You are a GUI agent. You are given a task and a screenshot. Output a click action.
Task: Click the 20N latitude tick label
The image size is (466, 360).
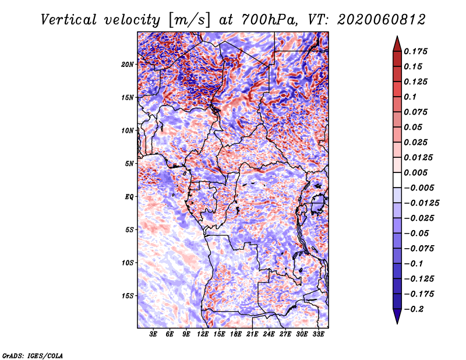[x=127, y=65]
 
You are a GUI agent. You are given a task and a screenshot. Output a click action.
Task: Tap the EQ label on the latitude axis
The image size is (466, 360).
[x=129, y=197]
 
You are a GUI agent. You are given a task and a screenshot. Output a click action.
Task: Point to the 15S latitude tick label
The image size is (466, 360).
[x=127, y=296]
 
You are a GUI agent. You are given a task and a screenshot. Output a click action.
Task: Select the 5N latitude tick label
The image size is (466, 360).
[x=129, y=164]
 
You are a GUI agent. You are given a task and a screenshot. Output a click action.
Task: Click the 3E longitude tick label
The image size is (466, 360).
[x=153, y=334]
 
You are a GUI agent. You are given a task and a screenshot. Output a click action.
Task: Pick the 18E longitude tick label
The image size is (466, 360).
[x=236, y=334]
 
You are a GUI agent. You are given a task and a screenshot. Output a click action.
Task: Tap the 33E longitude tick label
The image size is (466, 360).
[x=318, y=334]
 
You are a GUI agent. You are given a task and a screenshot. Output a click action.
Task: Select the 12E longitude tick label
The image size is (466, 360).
[x=203, y=334]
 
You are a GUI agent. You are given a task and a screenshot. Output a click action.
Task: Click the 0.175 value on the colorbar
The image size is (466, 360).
[x=415, y=51]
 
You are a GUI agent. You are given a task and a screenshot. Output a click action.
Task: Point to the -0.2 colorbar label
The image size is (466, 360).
[x=414, y=309]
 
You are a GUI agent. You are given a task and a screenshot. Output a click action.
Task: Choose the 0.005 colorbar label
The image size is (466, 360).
[x=415, y=172]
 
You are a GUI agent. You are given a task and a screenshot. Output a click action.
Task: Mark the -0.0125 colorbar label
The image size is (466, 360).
[x=421, y=203]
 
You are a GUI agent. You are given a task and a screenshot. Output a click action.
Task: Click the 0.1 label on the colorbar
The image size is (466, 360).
[x=410, y=97]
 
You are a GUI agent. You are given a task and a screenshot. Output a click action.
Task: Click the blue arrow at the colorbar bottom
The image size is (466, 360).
[x=397, y=316]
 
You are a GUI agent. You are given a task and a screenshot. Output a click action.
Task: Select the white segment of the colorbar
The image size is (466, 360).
[x=397, y=180]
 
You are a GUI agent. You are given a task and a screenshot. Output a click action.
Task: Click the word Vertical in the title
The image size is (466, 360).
[x=69, y=20]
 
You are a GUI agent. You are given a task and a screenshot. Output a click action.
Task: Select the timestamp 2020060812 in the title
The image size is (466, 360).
[x=382, y=20]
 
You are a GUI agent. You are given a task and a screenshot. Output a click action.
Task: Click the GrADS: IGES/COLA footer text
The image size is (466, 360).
[x=33, y=356]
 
